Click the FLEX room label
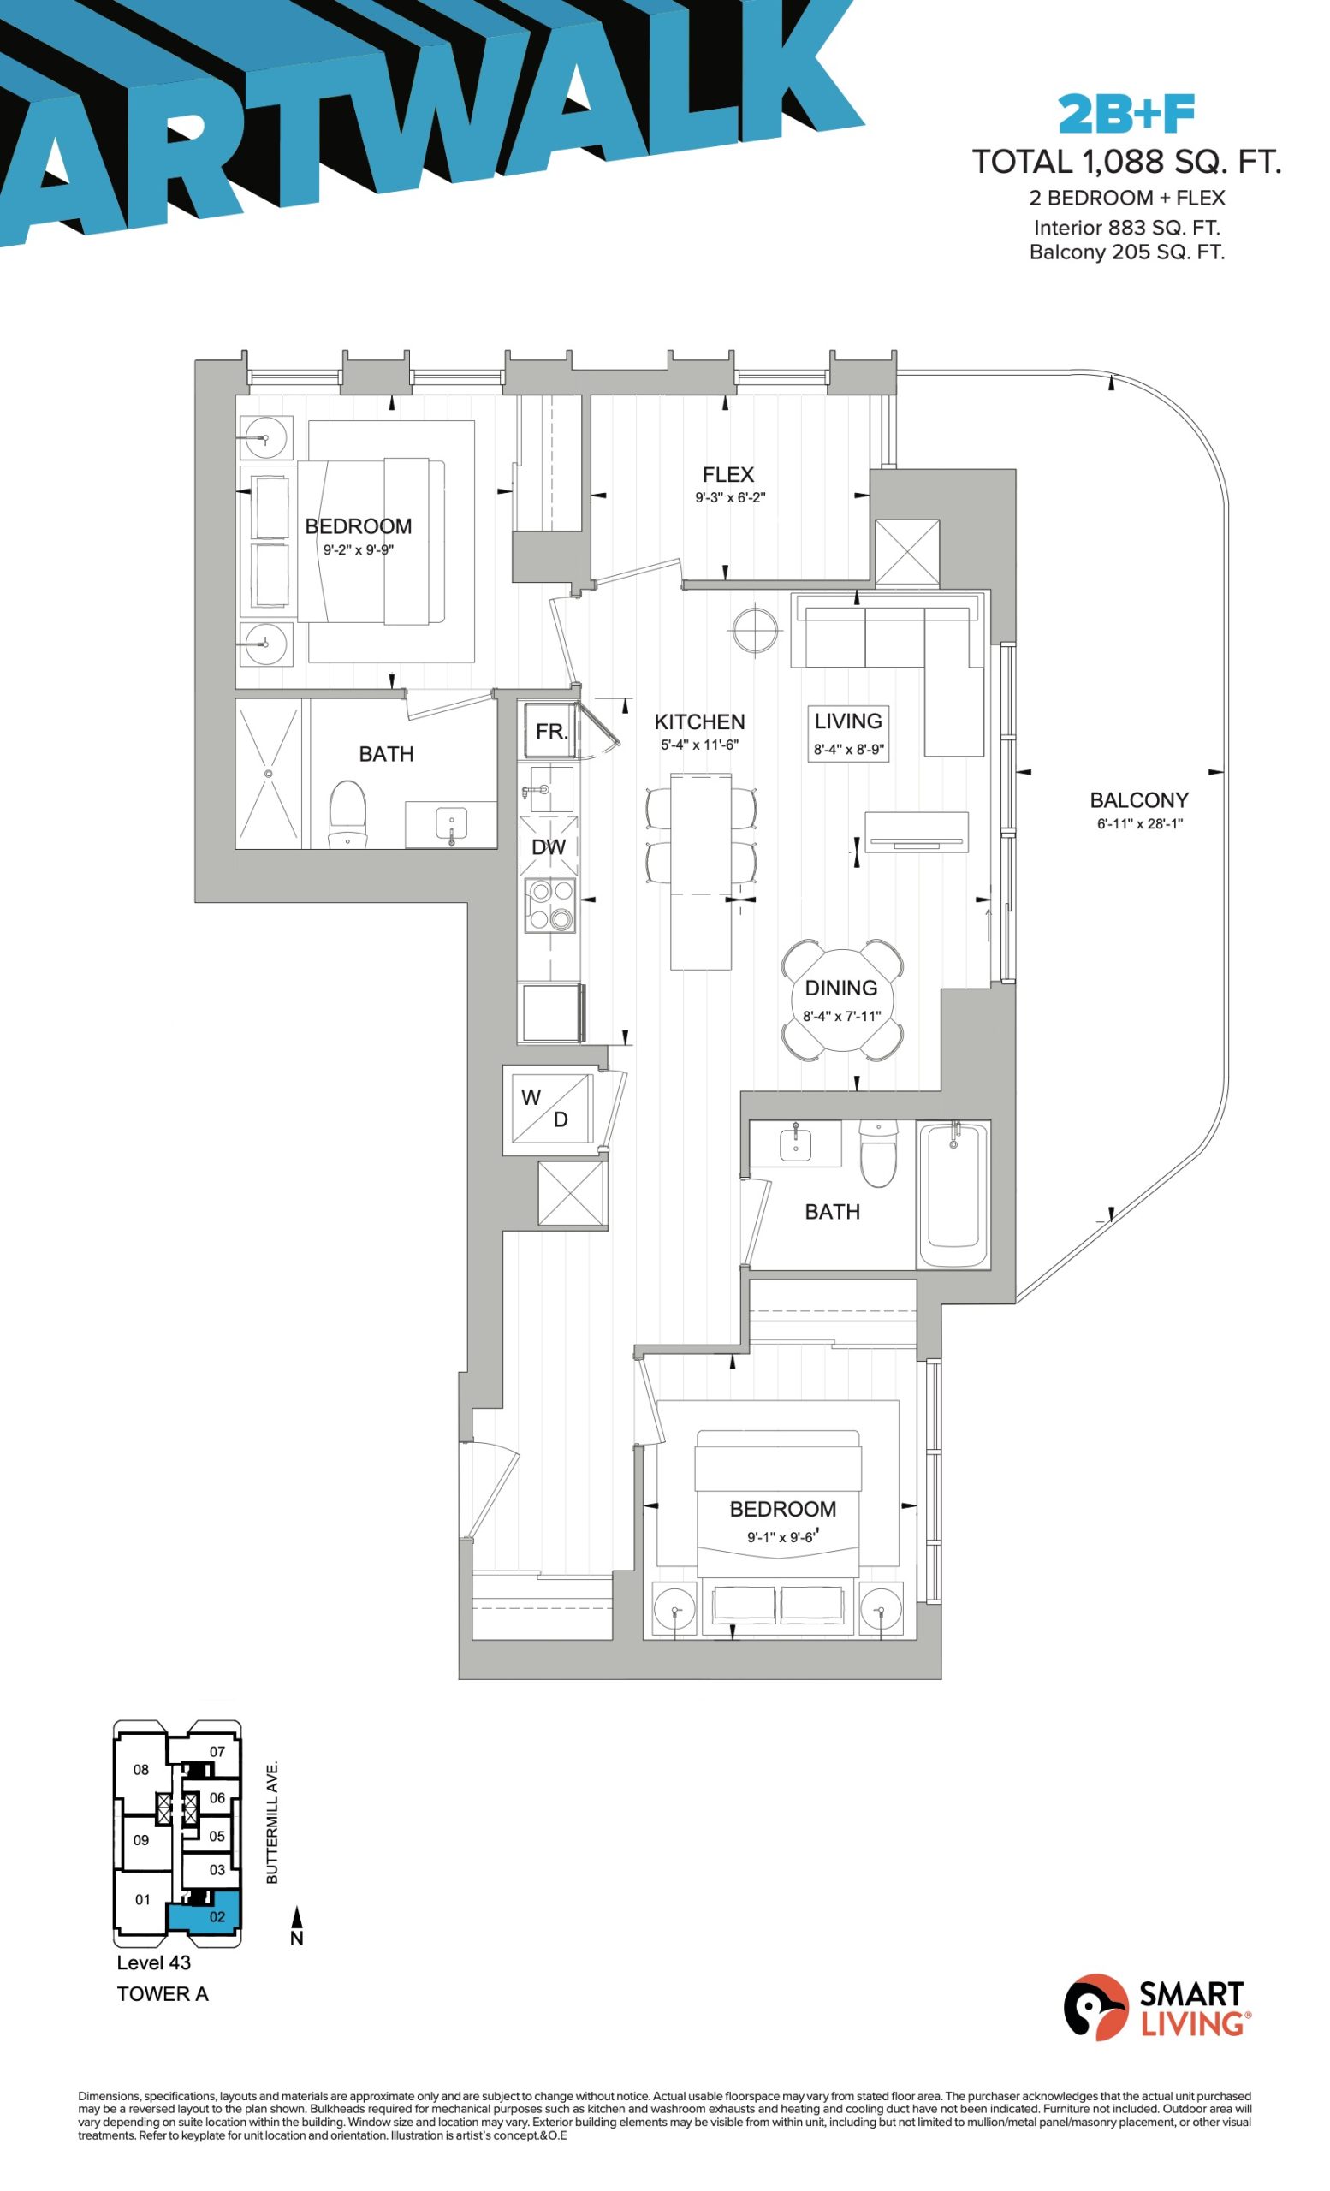[x=727, y=475]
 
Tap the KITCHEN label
[x=698, y=722]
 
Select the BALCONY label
[x=1139, y=800]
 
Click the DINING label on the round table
[x=840, y=988]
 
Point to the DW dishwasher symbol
[x=549, y=846]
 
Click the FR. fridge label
[x=551, y=731]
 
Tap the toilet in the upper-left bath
[x=347, y=815]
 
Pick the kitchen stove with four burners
[x=549, y=905]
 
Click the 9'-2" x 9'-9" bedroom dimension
[x=359, y=549]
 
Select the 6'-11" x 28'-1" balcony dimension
[x=1139, y=823]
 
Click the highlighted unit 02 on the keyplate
[x=204, y=1917]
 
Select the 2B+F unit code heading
[x=1125, y=114]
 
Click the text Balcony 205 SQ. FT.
[x=1126, y=252]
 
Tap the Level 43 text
[x=154, y=1962]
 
